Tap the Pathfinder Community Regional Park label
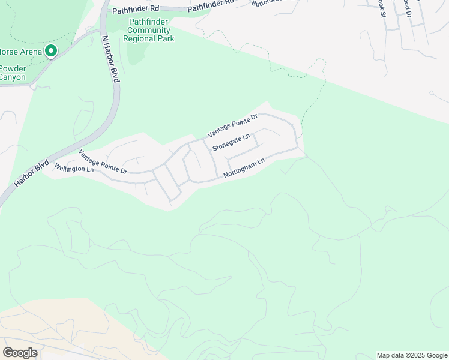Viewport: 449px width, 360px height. tap(149, 30)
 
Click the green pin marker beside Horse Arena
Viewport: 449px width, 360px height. tap(51, 52)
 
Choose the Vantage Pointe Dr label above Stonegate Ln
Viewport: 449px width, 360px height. tap(232, 125)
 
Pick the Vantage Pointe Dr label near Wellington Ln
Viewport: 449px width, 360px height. tap(103, 161)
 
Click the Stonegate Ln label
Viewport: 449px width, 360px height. tap(231, 143)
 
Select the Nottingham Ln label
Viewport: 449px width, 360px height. tap(244, 168)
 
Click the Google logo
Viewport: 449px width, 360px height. tap(20, 353)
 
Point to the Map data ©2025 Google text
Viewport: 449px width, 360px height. tap(412, 355)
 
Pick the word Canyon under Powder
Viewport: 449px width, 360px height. tap(13, 77)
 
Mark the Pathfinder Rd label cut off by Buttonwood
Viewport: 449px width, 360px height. tap(211, 6)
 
